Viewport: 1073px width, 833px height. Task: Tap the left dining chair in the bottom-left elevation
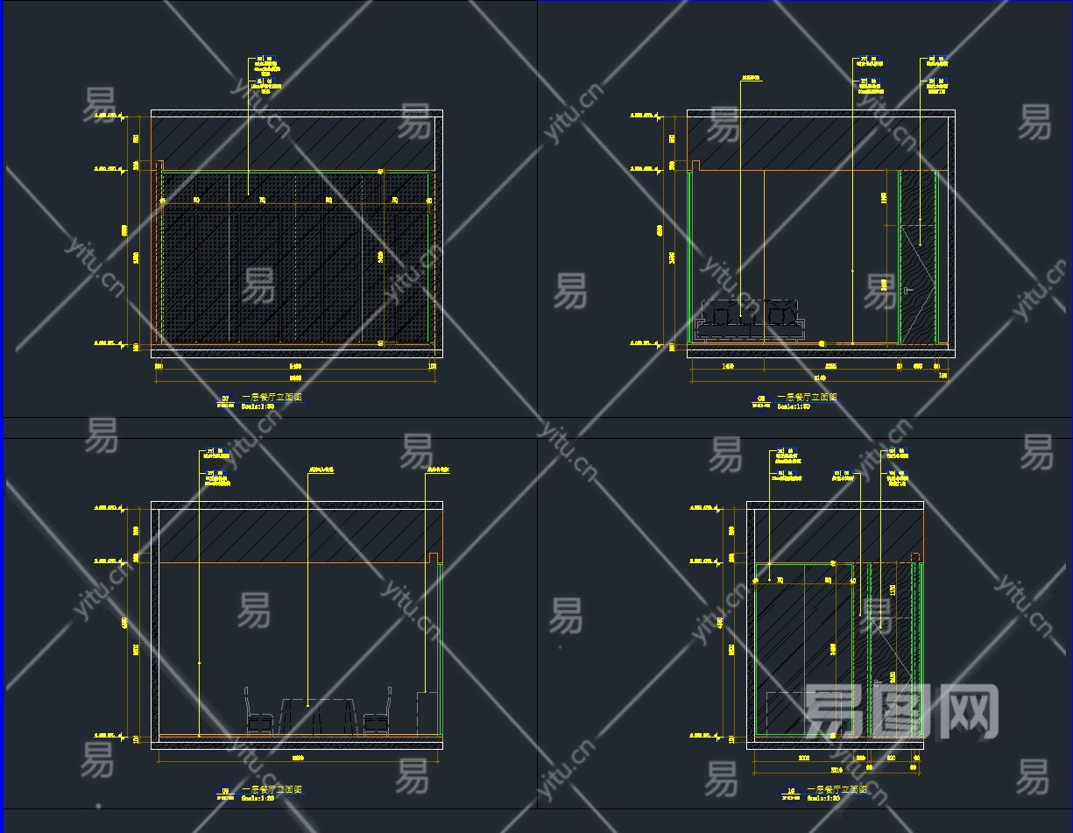pos(258,711)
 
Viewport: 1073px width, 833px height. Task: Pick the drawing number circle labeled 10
pos(791,790)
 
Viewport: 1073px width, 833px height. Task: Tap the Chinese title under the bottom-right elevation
pos(836,789)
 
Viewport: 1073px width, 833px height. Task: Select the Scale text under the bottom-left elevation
pos(258,798)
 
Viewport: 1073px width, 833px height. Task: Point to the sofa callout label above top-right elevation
pos(751,79)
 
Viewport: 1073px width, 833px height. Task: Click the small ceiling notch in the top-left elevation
pos(159,165)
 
